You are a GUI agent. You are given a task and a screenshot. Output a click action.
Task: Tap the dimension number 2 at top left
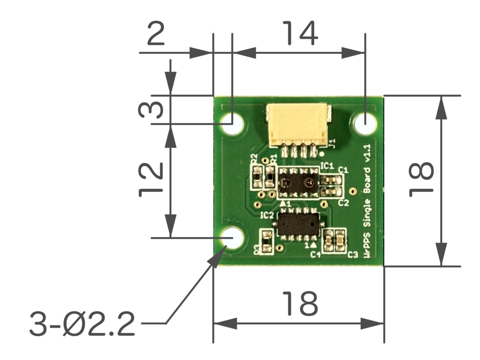(156, 34)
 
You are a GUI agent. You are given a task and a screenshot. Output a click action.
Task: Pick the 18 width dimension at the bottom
(300, 303)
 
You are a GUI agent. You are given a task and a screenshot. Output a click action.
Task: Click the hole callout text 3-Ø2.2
(82, 324)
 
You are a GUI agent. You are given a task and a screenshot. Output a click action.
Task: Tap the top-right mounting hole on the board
(365, 124)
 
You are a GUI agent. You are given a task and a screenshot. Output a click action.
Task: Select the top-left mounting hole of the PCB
(233, 123)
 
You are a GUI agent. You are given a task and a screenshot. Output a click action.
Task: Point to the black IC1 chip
(298, 182)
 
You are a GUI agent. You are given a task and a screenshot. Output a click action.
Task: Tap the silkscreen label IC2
(267, 216)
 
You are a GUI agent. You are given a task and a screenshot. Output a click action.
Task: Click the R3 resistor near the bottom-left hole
(266, 242)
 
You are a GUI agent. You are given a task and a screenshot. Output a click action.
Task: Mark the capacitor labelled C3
(341, 241)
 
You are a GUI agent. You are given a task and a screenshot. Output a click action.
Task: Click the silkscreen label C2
(344, 202)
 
